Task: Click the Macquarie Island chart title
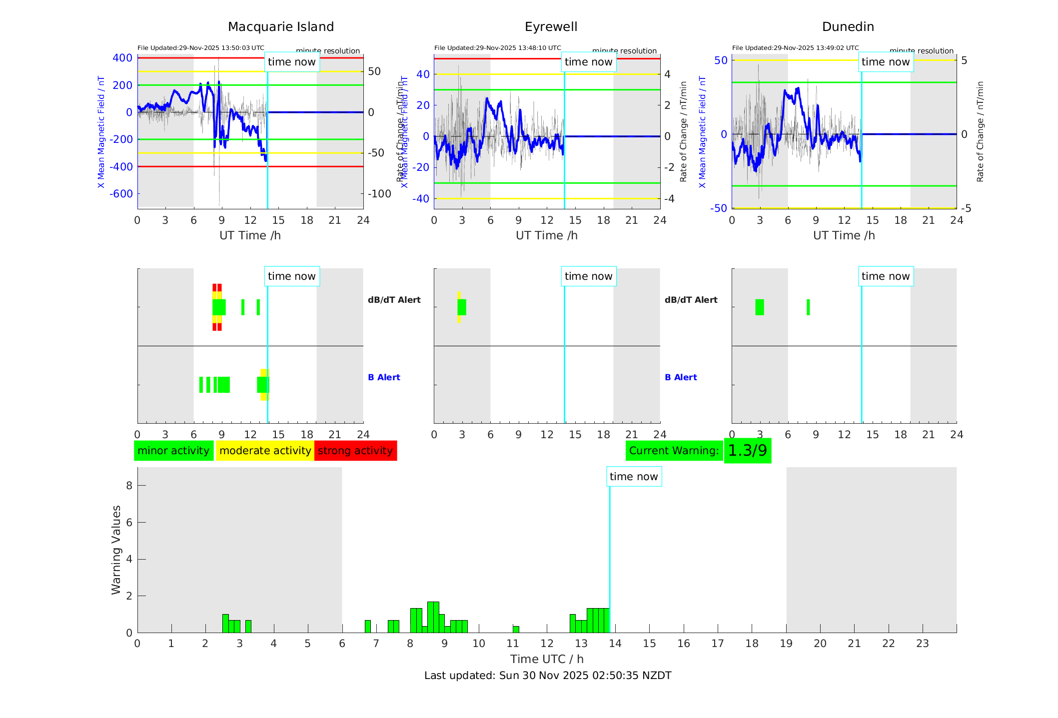[x=280, y=27]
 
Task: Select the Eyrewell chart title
[x=551, y=27]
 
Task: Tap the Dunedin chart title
[x=848, y=27]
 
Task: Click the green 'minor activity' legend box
[x=173, y=451]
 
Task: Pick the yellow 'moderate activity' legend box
[x=265, y=451]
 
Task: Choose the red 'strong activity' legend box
[x=355, y=451]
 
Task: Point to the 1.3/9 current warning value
[x=747, y=451]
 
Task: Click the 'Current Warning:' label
[x=674, y=451]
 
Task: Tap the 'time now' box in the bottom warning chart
[x=634, y=477]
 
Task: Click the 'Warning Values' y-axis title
[x=116, y=550]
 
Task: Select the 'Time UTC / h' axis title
[x=547, y=659]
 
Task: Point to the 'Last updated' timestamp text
[x=548, y=676]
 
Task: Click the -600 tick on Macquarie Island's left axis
[x=121, y=194]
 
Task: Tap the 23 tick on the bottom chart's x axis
[x=922, y=644]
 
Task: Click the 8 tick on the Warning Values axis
[x=129, y=485]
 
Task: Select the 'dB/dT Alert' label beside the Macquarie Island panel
[x=394, y=300]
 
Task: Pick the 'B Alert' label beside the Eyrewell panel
[x=681, y=377]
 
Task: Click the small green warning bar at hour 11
[x=516, y=629]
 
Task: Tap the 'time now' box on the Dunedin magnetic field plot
[x=886, y=62]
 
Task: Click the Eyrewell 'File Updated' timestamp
[x=497, y=48]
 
